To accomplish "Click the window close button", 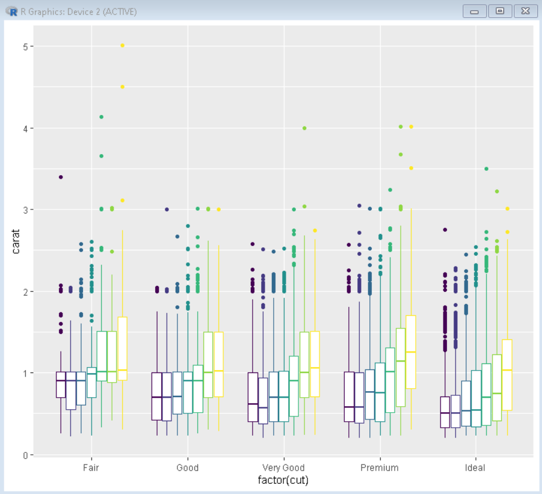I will click(x=526, y=11).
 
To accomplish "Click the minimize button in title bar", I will click(x=475, y=11).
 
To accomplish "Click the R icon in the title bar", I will click(x=12, y=11).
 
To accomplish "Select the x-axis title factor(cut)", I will click(x=283, y=480).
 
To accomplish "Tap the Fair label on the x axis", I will click(x=91, y=467).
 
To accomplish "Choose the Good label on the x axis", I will click(x=188, y=467).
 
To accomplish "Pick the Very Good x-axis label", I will click(x=283, y=467).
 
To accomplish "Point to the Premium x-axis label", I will click(x=379, y=467).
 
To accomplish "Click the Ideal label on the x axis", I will click(x=475, y=467).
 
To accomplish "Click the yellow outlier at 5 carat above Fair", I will click(x=123, y=46).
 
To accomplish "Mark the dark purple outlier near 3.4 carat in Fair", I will click(x=61, y=177).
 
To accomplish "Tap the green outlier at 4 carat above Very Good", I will click(x=304, y=128).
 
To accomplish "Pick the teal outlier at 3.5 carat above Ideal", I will click(x=486, y=169).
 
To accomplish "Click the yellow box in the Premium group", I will click(x=411, y=352).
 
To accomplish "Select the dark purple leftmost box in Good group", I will click(x=156, y=396).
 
